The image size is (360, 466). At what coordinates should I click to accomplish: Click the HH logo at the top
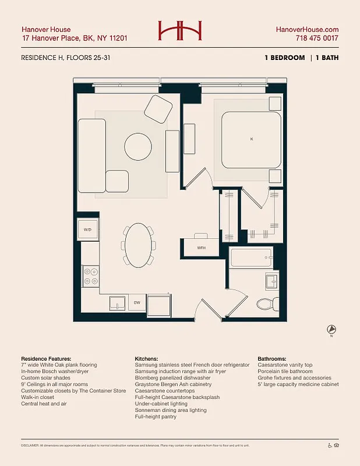[180, 31]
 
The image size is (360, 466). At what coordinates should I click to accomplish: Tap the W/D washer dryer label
[88, 230]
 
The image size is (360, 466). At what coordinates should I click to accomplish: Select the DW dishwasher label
[136, 303]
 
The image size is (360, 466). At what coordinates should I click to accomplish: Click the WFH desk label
[201, 248]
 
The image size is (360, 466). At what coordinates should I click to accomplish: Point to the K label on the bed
[252, 139]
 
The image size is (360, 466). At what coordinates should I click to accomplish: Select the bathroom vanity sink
[273, 282]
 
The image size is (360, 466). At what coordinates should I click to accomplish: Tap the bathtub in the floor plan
[251, 257]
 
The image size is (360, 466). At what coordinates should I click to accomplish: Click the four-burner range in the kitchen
[90, 276]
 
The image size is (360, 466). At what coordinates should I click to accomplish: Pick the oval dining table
[139, 246]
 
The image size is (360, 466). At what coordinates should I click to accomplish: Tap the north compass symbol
[331, 330]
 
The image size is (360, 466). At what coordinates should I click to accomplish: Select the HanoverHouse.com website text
[307, 29]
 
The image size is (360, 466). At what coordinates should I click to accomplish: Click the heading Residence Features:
[46, 358]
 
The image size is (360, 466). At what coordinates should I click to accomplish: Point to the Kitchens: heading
[149, 358]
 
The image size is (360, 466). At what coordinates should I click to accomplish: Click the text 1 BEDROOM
[284, 58]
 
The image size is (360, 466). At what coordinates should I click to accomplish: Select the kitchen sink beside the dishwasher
[118, 303]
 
